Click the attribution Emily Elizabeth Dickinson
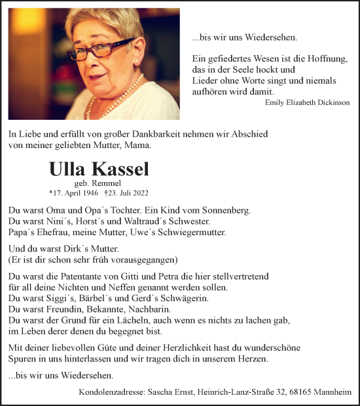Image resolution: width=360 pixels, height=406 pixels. tap(307, 102)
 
